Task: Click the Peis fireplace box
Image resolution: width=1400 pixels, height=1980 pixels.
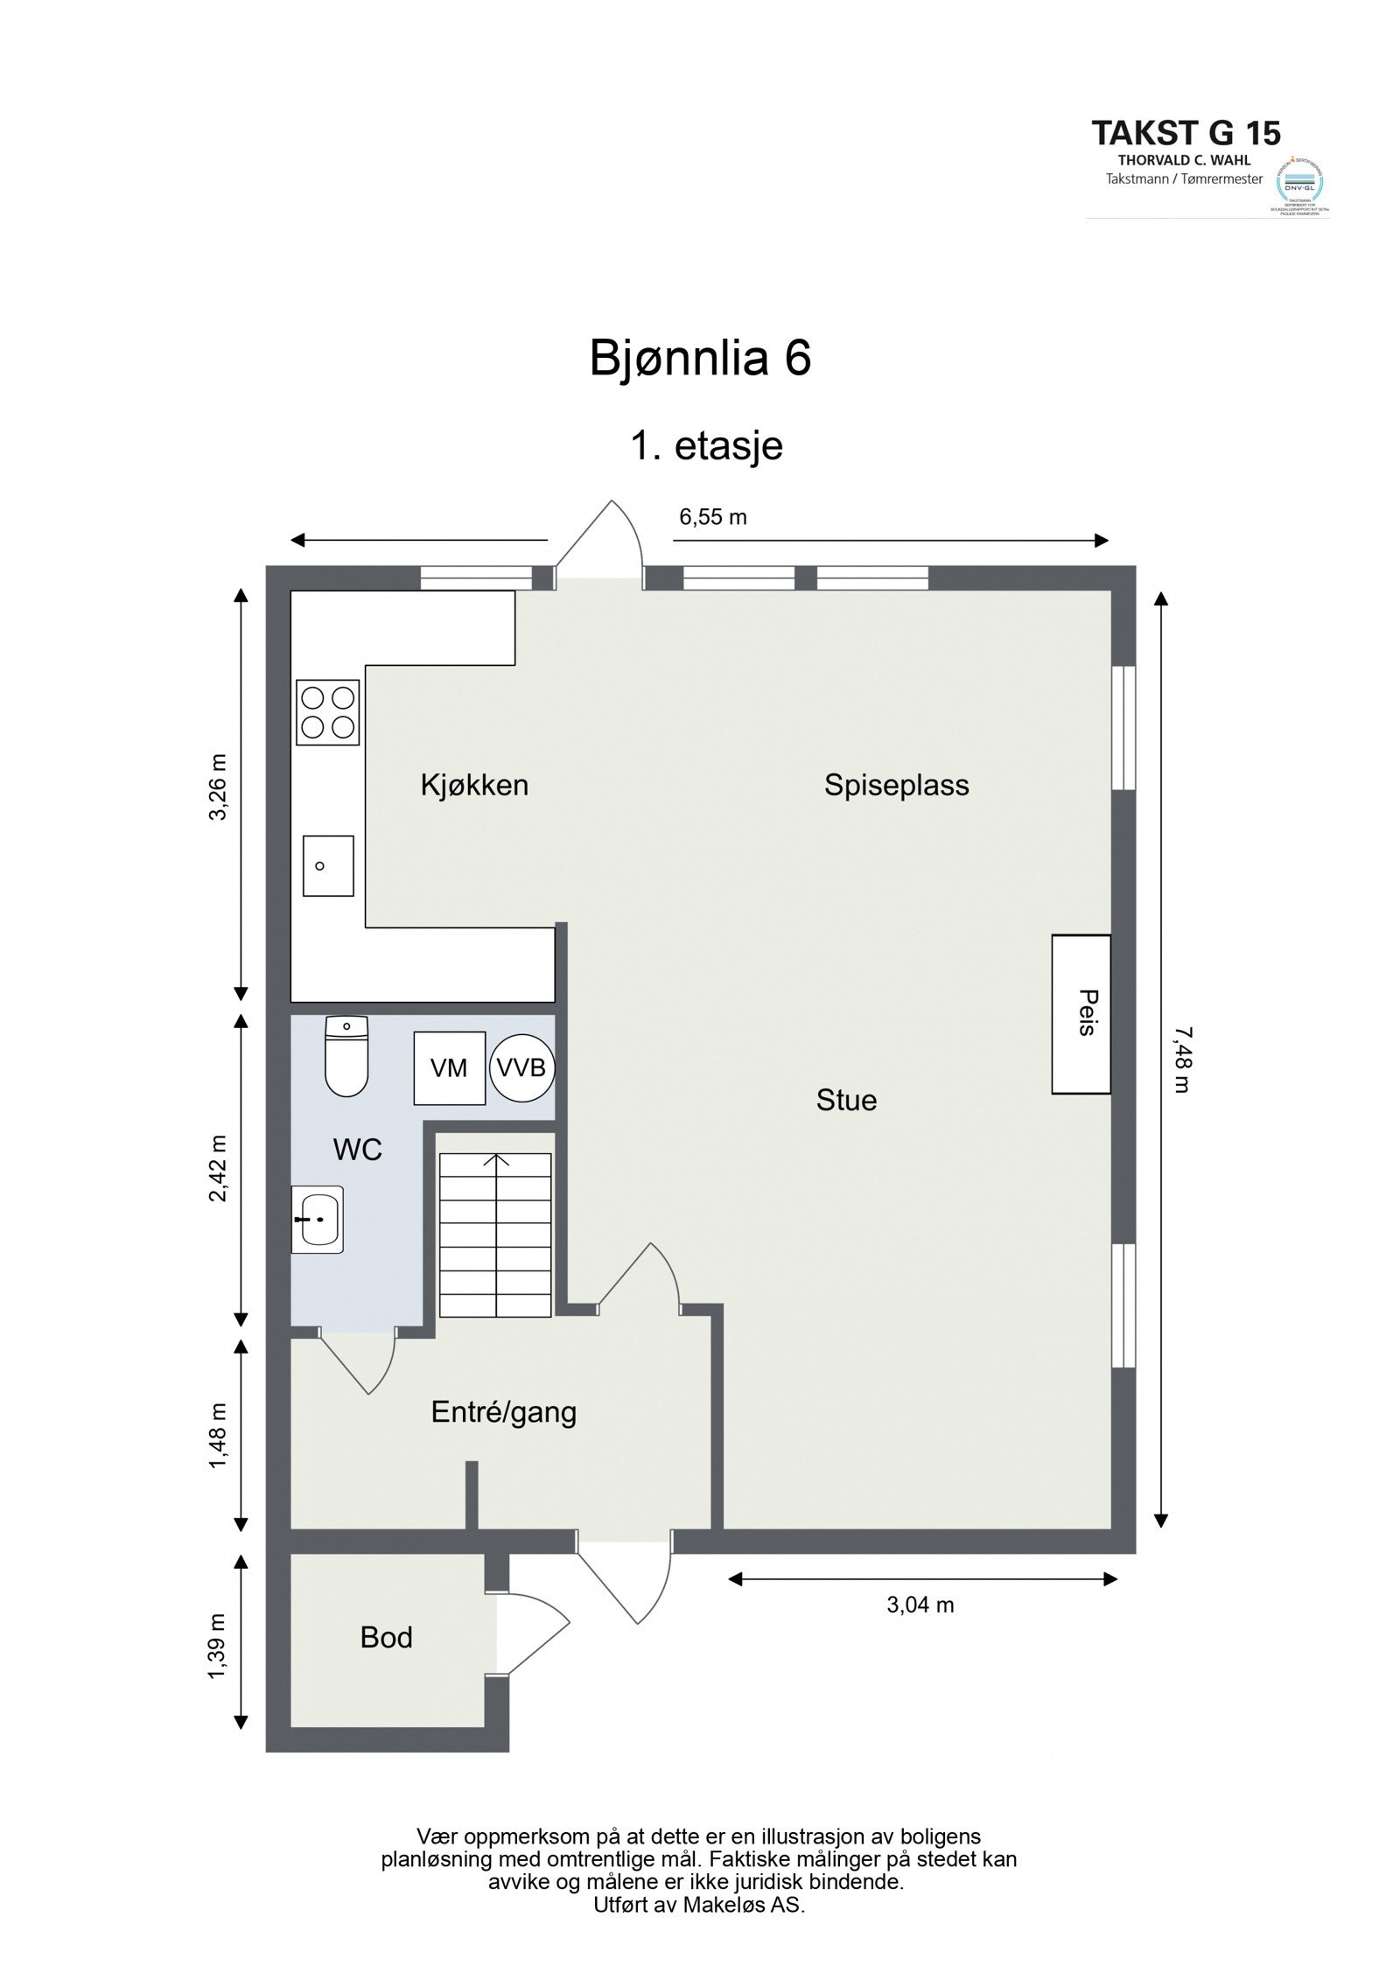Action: coord(1081,1013)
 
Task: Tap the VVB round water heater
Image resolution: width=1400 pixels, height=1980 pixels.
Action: coord(521,1067)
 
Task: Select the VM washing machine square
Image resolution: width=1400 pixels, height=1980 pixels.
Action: coord(449,1067)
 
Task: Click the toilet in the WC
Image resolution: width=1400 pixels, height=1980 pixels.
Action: coord(346,1056)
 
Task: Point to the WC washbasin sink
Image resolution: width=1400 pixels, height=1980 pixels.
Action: coord(317,1219)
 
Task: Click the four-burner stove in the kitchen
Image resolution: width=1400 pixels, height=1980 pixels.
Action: coord(328,712)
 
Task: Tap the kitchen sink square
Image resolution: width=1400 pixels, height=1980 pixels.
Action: coord(328,865)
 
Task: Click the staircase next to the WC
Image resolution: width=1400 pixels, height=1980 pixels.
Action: coord(495,1235)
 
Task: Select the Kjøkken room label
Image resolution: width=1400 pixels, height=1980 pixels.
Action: coord(474,785)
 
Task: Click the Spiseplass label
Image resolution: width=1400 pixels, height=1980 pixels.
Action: coord(896,785)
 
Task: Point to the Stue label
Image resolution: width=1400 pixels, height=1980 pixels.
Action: coord(846,1100)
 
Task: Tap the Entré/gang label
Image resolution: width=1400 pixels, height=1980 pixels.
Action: coord(504,1412)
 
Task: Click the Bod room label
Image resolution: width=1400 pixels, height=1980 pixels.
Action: coord(386,1637)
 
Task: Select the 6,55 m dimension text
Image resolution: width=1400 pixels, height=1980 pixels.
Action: coord(713,517)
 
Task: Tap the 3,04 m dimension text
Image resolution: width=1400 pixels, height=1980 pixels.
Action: coord(920,1605)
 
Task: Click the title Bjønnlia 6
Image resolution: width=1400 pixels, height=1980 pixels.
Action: coord(700,358)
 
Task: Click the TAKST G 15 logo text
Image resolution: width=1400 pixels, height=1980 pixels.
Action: coord(1186,133)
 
